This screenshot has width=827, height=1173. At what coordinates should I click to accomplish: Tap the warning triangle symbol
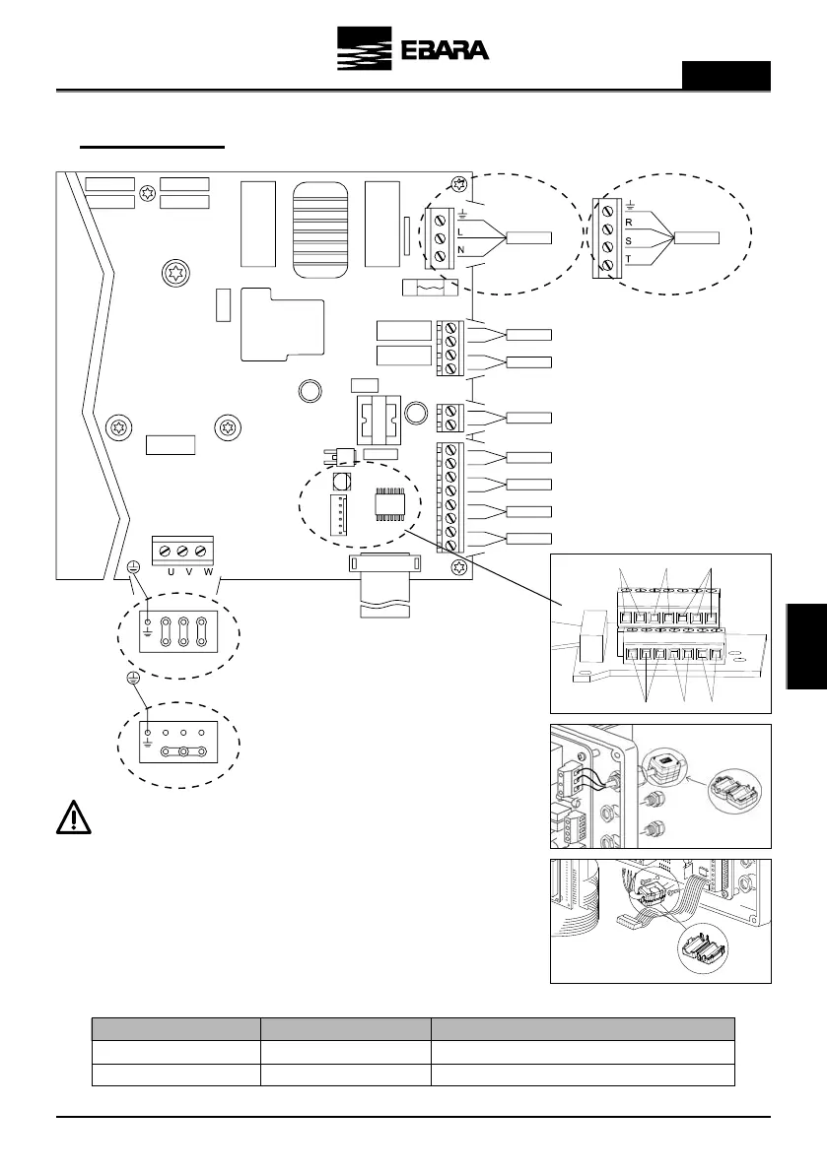coord(75,817)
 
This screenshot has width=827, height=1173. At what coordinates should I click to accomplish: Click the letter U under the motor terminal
coord(172,571)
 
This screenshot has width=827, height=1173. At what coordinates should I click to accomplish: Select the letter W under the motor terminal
coord(207,571)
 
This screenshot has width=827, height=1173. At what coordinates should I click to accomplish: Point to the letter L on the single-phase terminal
coord(459,230)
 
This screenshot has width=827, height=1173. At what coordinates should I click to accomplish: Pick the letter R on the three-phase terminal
coord(628,224)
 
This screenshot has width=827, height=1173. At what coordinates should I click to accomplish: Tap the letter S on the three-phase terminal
coord(628,240)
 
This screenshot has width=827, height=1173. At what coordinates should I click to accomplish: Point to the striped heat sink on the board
coord(321,225)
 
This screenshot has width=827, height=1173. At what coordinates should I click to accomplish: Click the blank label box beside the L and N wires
coord(530,239)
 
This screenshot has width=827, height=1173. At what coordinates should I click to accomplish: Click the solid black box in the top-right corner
coord(726,75)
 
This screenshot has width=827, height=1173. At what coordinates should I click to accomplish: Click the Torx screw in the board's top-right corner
coord(455,185)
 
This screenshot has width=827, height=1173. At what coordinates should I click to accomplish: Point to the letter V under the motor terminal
coord(189,571)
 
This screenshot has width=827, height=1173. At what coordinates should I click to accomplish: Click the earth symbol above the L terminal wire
coord(461,213)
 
